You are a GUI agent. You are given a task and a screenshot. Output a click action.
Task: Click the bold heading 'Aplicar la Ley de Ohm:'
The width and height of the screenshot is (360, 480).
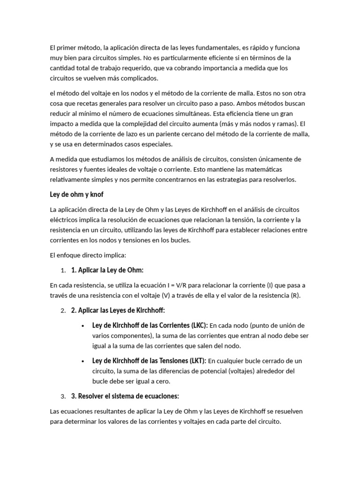tap(107, 270)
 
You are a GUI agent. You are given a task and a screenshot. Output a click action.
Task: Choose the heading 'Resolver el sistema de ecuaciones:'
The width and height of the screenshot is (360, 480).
tap(125, 396)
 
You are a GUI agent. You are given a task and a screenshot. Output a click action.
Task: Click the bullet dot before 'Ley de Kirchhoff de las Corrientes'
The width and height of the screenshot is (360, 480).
tap(83, 326)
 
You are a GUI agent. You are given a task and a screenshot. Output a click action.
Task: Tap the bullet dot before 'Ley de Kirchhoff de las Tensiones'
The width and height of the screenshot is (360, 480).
tap(83, 361)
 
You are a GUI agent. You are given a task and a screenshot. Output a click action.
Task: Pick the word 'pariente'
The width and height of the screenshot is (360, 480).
tap(165, 134)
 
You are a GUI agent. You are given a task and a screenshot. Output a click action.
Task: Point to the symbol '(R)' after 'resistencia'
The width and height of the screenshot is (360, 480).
tap(295, 295)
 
